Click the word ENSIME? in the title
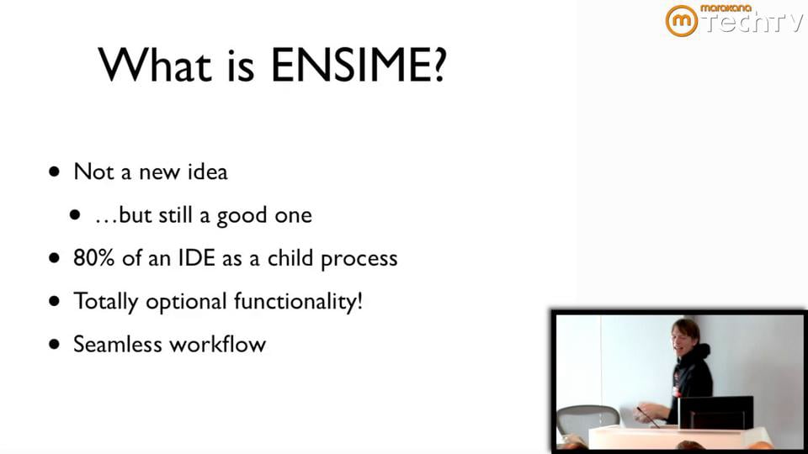358,65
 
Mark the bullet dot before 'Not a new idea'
56,172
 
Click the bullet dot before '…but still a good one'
77,215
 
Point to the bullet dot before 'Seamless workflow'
56,344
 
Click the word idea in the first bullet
207,172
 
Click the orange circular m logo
681,21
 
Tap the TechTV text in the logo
752,24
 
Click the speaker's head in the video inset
685,335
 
